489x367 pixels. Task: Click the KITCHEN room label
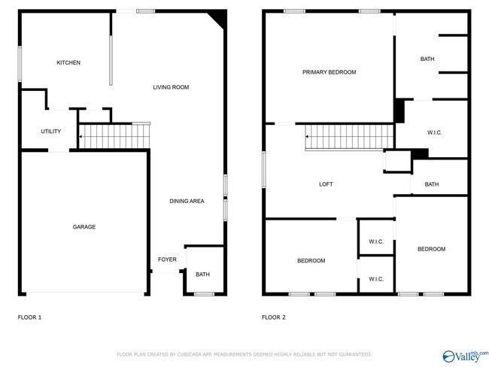(x=68, y=62)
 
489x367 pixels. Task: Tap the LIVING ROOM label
(x=171, y=87)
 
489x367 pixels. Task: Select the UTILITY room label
(x=50, y=132)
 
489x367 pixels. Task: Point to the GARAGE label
(x=84, y=226)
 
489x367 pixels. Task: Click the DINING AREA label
(x=187, y=201)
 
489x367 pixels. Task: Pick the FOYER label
(x=167, y=259)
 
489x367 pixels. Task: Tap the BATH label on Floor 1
(x=202, y=274)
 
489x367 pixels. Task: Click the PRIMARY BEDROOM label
(x=329, y=72)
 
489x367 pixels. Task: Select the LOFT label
(x=326, y=184)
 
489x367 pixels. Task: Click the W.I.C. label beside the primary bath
(x=434, y=132)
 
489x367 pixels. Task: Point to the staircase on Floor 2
(x=350, y=137)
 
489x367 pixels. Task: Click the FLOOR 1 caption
(x=29, y=317)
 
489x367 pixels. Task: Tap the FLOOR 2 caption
(x=273, y=317)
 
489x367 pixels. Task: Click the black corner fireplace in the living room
(x=218, y=17)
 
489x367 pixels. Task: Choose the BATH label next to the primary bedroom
(x=427, y=59)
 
